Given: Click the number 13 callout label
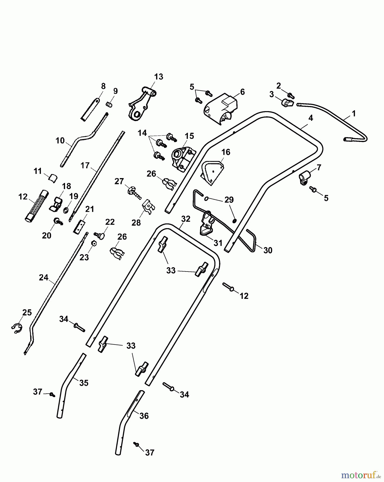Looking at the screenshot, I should point(158,77).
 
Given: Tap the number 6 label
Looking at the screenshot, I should point(242,92).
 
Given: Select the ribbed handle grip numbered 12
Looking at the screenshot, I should point(37,205).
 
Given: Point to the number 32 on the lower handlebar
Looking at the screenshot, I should point(185,219).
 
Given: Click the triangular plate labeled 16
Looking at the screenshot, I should point(212,172).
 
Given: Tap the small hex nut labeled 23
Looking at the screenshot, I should point(94,243).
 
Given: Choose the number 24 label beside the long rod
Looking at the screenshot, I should point(44,278).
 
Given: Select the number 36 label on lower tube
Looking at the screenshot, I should point(144,416).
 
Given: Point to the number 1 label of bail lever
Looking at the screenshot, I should point(353,114).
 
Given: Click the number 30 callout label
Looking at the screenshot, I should point(268,250).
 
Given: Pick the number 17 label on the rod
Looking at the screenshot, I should point(85,166).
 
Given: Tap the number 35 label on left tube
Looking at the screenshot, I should point(84,383).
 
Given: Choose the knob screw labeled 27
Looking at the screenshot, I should point(134,192).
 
